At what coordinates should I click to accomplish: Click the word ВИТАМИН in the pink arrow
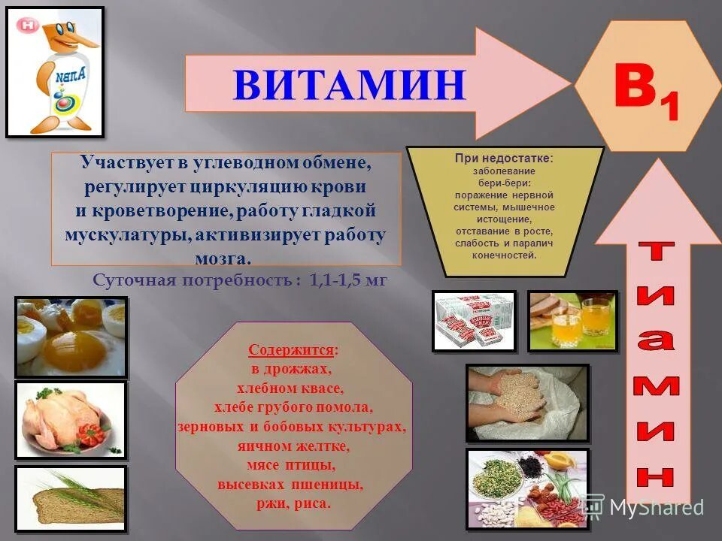pos(349,85)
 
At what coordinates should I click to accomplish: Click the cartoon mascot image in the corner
pos(55,72)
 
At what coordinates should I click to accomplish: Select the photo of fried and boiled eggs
pos(71,336)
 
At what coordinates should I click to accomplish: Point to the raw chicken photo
pos(71,420)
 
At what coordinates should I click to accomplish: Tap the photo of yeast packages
pos(474,321)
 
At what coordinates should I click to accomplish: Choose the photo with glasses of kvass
pos(572,321)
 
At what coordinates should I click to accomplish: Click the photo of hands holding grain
pos(526,402)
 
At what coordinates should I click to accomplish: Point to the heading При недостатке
pos(504,159)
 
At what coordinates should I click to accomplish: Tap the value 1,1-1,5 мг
pos(348,280)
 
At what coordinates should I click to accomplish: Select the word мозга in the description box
pos(226,258)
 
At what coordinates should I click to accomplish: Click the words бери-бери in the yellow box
pos(505,183)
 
